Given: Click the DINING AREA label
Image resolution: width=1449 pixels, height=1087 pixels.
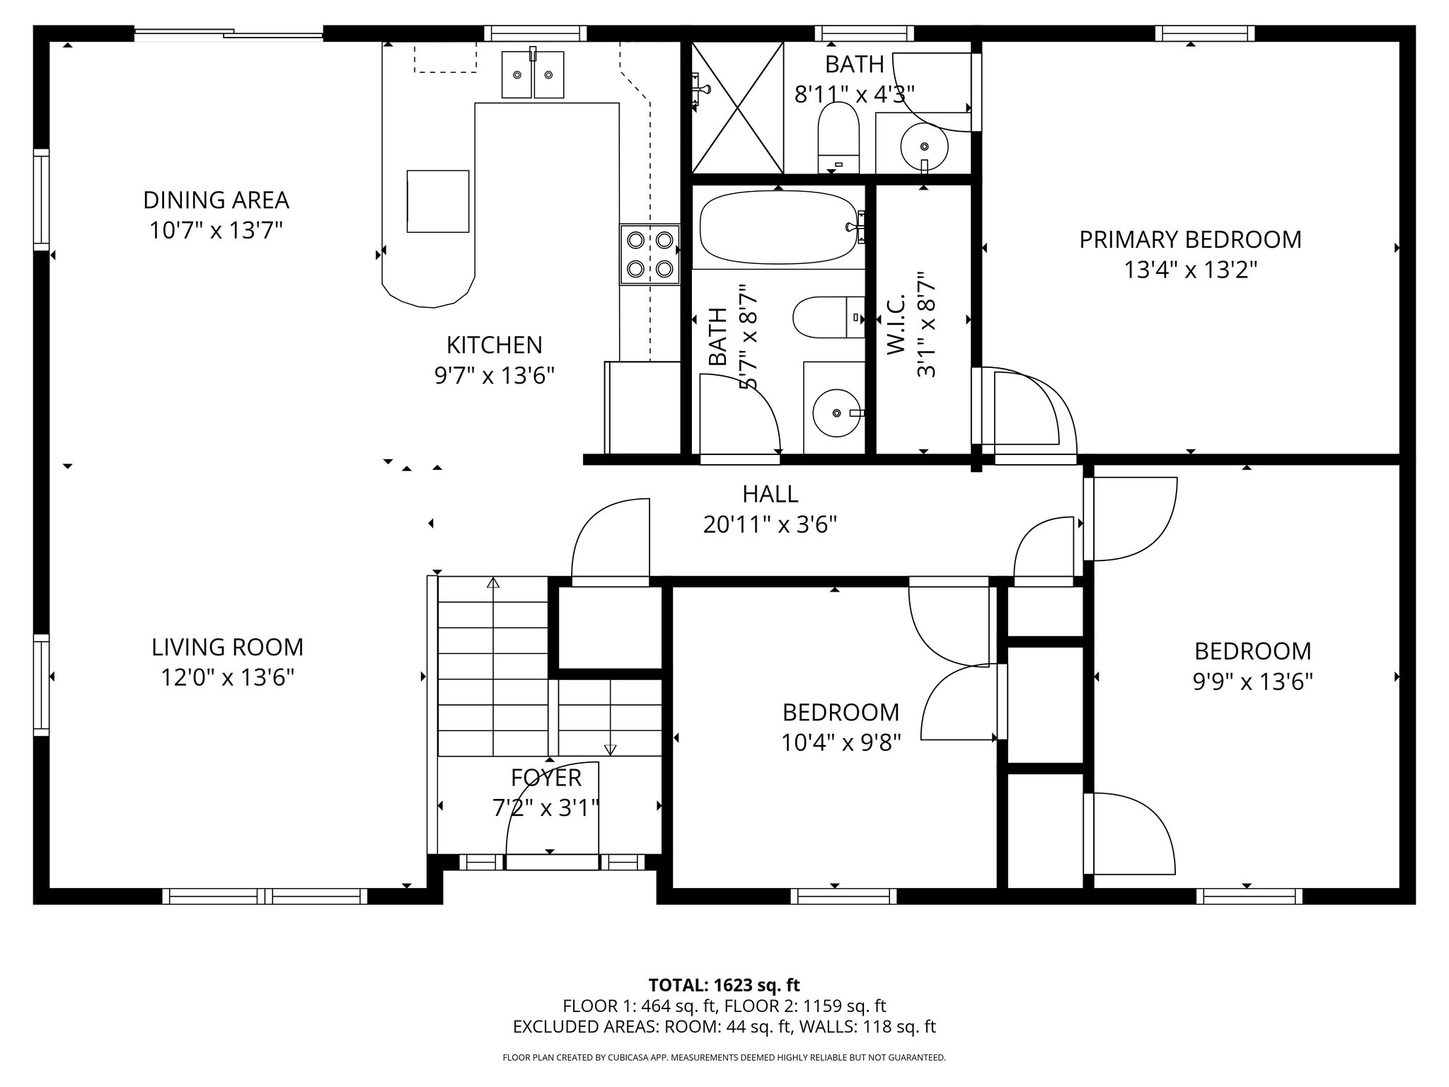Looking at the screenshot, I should point(216,200).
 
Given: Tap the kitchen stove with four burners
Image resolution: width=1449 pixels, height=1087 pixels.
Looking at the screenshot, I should point(650,254).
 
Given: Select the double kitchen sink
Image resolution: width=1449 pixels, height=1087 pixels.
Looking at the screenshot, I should point(533,74).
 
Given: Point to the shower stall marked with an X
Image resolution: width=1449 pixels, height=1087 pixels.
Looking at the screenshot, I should point(737,107).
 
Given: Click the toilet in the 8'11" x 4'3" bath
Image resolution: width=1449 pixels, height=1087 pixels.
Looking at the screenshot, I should point(838,134).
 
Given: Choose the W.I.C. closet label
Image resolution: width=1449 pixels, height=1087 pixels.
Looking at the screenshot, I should point(895,326).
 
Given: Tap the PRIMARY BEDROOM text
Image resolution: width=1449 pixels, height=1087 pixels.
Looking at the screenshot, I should point(1190,240).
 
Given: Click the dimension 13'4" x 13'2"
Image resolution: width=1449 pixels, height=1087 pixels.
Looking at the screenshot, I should point(1190,270).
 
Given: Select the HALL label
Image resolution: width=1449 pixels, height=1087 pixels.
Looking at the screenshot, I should point(770,493).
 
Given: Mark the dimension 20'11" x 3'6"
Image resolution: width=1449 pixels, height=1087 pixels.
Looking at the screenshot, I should point(770,524).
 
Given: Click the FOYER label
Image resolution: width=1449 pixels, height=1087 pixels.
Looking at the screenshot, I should point(545,777).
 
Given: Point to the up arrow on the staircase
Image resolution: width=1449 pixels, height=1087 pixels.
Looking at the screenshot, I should point(493,583).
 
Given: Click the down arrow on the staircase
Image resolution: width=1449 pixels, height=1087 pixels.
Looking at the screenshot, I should point(610,749).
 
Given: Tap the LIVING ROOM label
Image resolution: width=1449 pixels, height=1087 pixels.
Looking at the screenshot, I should point(227,647).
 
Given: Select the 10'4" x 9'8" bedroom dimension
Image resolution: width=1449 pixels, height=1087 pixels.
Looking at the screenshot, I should point(841,742).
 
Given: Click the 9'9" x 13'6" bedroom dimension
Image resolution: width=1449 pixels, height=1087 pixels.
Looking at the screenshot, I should point(1252,681).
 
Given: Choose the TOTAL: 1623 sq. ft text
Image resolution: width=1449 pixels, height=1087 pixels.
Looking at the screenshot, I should point(724,984).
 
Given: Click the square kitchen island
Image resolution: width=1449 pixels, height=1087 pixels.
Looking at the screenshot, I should point(437,201).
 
